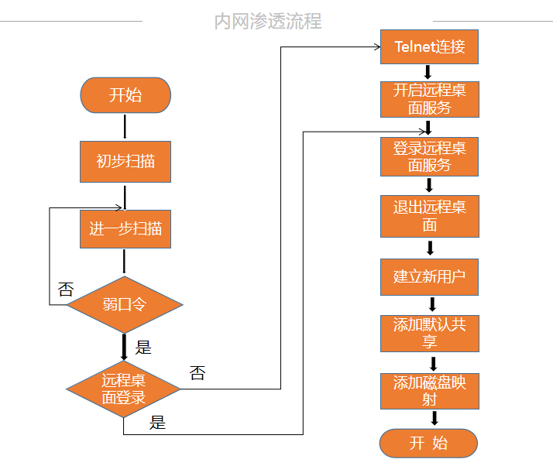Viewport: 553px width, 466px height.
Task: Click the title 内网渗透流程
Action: click(x=268, y=20)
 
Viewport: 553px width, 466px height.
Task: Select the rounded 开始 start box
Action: click(x=125, y=95)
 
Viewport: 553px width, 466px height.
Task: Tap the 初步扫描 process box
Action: click(x=125, y=161)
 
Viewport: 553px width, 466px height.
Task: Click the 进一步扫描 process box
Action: click(x=125, y=229)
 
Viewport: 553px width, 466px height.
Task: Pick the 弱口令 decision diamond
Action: click(x=124, y=304)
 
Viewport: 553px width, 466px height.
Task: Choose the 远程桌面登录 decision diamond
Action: click(x=124, y=389)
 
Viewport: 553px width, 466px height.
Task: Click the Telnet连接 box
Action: click(x=429, y=46)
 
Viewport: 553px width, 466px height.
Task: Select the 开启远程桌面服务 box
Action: click(x=429, y=99)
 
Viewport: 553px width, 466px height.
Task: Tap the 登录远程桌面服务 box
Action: click(x=429, y=156)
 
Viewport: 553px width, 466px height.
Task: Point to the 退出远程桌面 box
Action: click(x=429, y=216)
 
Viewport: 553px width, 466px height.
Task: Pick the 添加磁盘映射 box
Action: click(x=429, y=391)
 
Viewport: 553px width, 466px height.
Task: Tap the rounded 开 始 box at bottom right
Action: click(x=428, y=444)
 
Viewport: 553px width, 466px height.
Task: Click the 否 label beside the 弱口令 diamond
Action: click(x=66, y=290)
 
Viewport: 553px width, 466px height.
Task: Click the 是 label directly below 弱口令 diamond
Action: click(x=143, y=347)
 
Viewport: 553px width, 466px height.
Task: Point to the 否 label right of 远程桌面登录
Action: click(x=197, y=373)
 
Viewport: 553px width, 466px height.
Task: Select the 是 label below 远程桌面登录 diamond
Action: click(x=157, y=423)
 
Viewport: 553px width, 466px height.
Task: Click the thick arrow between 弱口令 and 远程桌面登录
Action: click(x=124, y=346)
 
